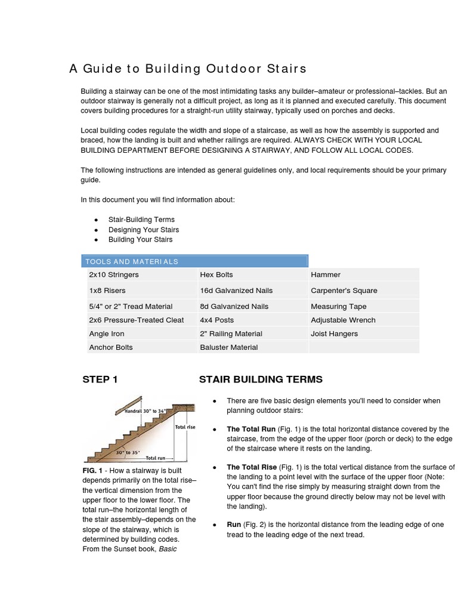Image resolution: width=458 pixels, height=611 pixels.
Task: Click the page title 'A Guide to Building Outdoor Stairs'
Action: [188, 69]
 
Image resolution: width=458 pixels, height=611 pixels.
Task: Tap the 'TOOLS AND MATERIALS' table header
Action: [132, 261]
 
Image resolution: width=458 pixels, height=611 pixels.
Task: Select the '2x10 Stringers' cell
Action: [114, 274]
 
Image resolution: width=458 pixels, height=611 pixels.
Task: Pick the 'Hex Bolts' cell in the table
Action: [216, 274]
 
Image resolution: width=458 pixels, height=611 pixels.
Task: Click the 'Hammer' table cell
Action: [326, 274]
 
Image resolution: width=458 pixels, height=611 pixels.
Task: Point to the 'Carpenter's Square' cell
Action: [344, 291]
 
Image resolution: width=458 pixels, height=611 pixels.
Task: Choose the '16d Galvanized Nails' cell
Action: [236, 291]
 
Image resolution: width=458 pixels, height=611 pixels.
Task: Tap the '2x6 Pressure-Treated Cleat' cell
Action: [137, 320]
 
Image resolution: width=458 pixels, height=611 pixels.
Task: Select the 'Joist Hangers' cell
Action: [335, 334]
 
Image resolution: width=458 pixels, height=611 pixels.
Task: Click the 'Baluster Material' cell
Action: [229, 347]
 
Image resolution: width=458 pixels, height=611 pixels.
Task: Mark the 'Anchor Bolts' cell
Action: [111, 347]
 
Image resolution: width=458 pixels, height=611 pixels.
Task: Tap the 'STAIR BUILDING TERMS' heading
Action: [261, 379]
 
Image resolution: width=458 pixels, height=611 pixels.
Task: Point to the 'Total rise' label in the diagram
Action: [185, 427]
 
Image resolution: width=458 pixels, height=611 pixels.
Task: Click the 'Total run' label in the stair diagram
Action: [156, 458]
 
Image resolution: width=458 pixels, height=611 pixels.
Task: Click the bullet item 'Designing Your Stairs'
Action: [144, 230]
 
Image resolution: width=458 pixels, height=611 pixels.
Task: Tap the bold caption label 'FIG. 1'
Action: [93, 471]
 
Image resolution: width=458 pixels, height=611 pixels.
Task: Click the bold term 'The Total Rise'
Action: [252, 467]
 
